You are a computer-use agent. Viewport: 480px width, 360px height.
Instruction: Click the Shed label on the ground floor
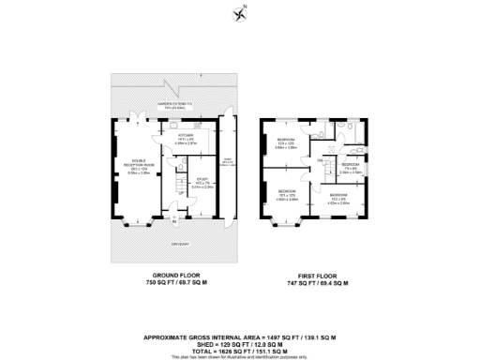[226, 163]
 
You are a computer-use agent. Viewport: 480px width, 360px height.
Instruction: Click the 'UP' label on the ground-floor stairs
[168, 193]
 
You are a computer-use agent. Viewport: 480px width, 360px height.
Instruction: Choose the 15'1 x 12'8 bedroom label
[286, 194]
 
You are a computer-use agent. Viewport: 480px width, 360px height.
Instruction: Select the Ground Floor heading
[169, 276]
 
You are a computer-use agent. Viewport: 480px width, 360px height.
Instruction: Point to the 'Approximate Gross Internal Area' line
[240, 336]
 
